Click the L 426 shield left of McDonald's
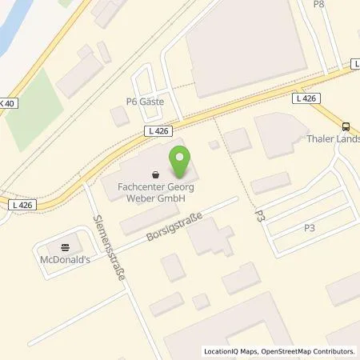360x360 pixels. pos(22,206)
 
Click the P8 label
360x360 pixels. pos(318,5)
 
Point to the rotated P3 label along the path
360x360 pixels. pos(258,212)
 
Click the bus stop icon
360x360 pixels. pos(346,125)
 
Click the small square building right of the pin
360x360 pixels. pos(213,145)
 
